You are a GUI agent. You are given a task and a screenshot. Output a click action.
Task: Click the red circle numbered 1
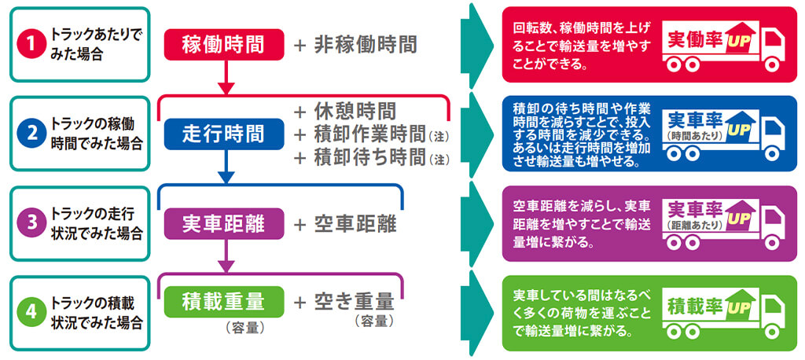32,44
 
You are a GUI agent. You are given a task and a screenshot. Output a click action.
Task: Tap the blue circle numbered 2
32,134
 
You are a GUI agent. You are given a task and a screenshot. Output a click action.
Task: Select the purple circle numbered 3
32,223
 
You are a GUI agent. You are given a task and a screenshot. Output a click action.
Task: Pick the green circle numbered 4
32,313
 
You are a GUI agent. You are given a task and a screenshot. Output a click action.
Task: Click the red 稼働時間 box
224,45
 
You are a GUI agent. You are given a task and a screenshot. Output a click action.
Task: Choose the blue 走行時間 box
224,134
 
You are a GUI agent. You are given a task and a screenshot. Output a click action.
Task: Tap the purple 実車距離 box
224,223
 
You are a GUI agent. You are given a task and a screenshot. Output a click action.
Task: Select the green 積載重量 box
224,302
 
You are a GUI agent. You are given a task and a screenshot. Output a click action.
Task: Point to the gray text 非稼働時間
365,45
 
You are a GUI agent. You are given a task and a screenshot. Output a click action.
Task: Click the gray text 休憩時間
355,110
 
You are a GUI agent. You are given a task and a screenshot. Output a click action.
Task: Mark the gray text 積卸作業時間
369,134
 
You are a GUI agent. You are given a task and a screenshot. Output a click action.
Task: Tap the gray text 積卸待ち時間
369,157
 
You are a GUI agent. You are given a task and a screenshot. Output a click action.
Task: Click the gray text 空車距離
355,224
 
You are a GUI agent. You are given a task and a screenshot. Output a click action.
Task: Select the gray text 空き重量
355,302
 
